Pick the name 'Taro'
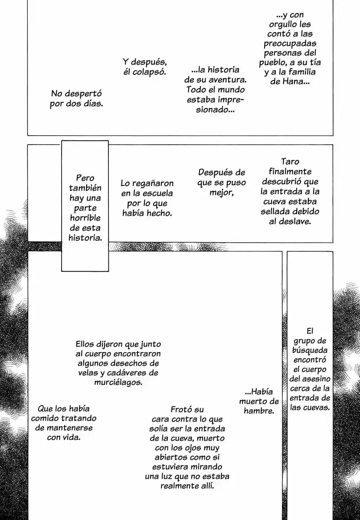pyautogui.click(x=290, y=161)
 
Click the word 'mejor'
pyautogui.click(x=221, y=193)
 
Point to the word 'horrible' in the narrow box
pyautogui.click(x=85, y=218)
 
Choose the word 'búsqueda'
pyautogui.click(x=310, y=351)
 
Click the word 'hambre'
pyautogui.click(x=259, y=411)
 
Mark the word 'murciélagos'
pyautogui.click(x=118, y=382)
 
